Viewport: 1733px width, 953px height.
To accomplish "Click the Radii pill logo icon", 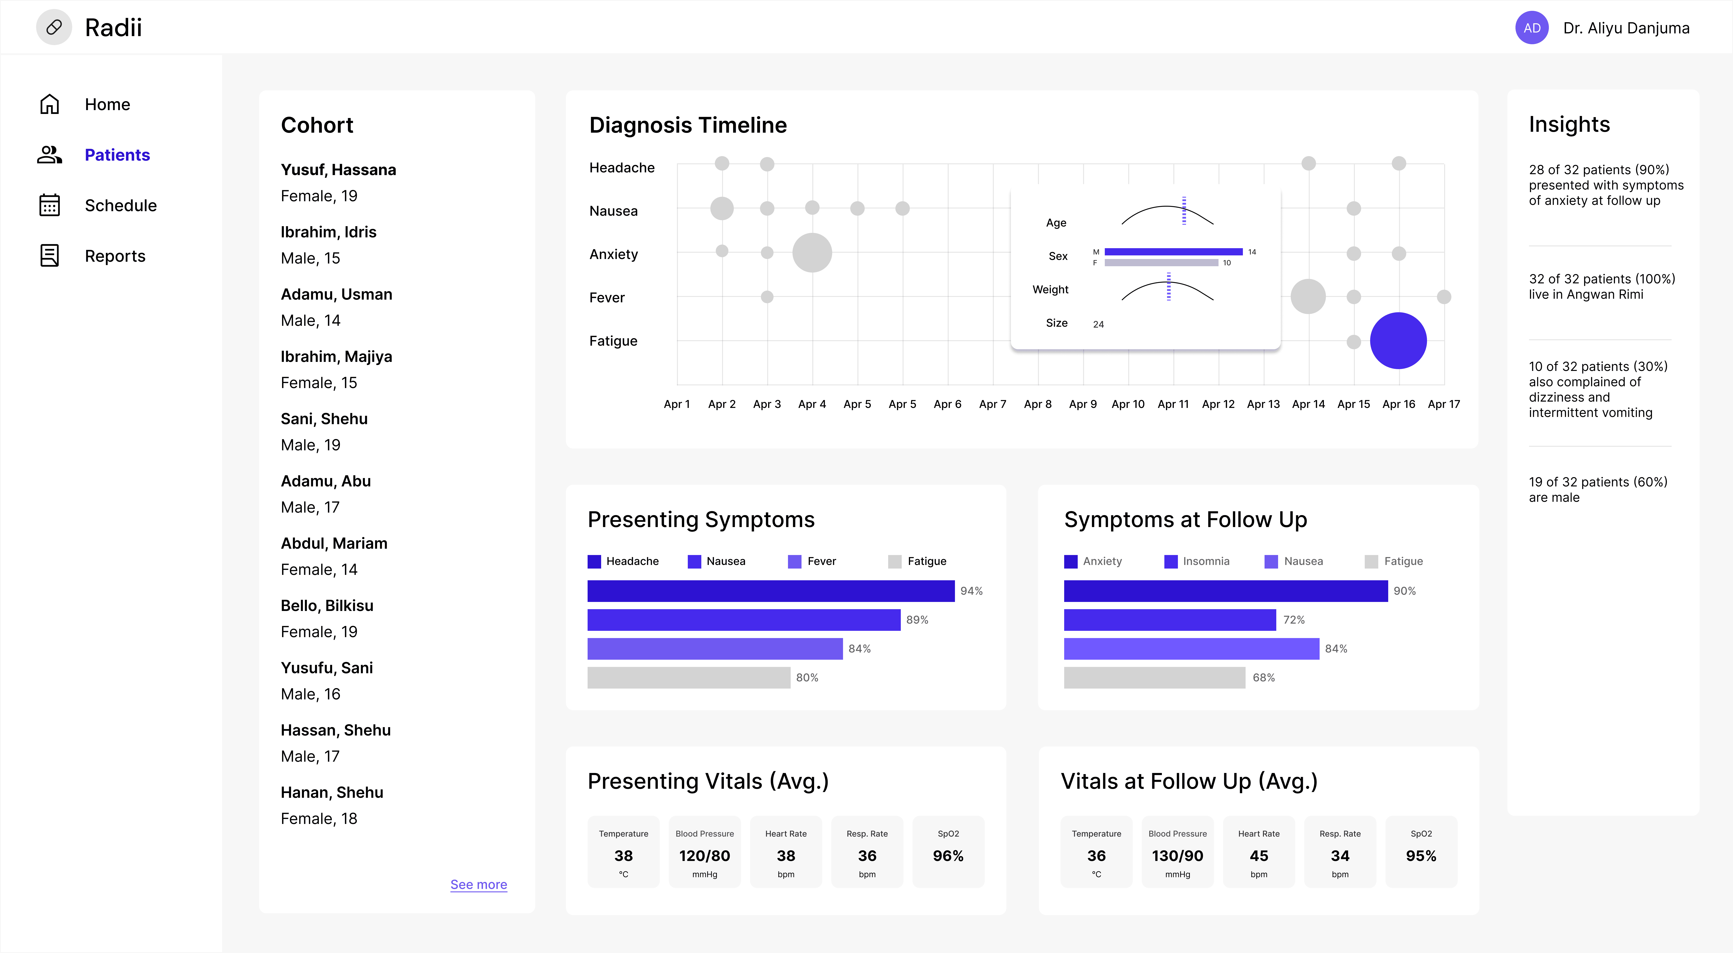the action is point(54,28).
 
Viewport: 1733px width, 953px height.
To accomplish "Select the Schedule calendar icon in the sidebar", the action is point(49,205).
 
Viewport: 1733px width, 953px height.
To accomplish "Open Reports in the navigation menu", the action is point(115,256).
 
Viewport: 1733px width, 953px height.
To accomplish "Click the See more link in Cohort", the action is point(478,884).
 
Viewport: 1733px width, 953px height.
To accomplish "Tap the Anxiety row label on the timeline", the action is point(614,254).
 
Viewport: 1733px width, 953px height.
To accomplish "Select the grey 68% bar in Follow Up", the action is point(1154,677).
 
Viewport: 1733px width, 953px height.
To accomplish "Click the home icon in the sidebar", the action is point(49,104).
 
